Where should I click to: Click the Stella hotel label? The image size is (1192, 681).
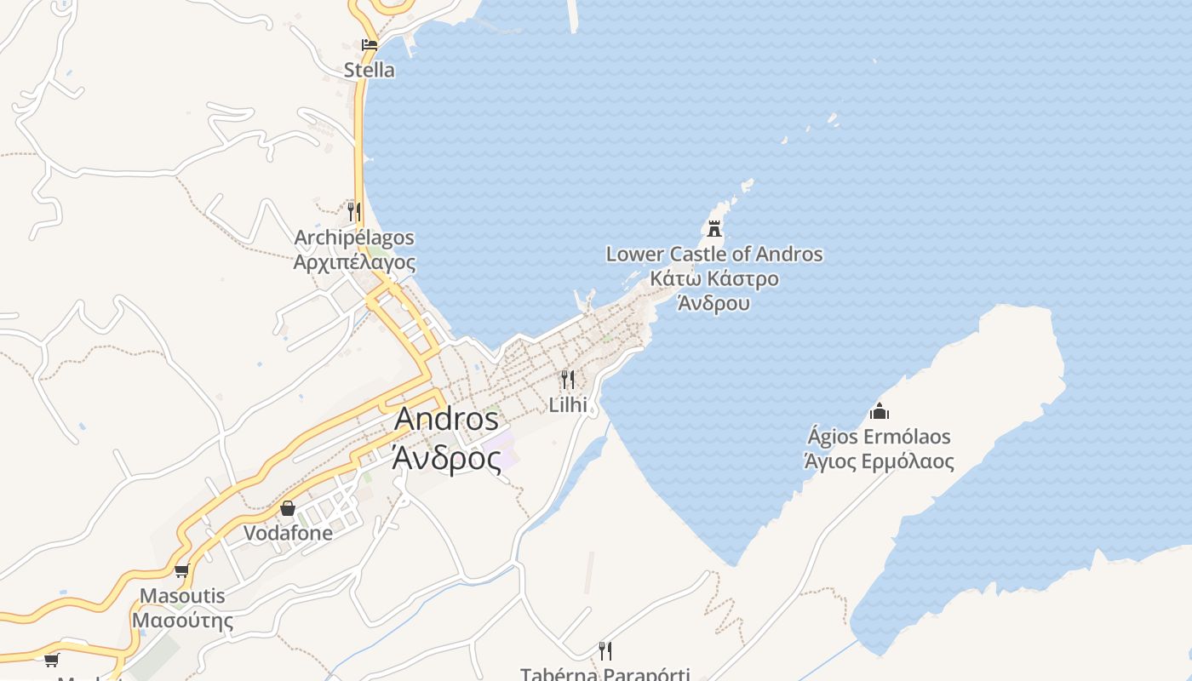(x=369, y=70)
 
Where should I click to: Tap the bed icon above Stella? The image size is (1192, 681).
(x=369, y=45)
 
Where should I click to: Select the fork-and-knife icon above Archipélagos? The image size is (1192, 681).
(x=353, y=211)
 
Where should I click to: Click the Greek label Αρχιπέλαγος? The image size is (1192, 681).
(x=354, y=262)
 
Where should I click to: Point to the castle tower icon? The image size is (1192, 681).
(x=714, y=228)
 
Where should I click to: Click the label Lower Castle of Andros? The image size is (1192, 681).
(x=714, y=254)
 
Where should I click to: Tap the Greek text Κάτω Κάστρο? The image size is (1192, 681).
(x=714, y=278)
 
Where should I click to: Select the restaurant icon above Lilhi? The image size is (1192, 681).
(x=567, y=379)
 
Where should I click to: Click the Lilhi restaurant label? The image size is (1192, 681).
(x=568, y=404)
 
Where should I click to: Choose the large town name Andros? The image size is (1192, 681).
(x=446, y=419)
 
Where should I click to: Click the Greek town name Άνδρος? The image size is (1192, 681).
(x=446, y=458)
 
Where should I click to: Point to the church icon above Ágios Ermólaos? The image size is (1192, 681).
(x=880, y=412)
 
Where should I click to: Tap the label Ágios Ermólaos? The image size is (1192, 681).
(x=880, y=437)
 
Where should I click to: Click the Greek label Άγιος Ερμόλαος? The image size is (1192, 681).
(x=880, y=462)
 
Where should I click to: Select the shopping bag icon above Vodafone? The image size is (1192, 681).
(x=288, y=508)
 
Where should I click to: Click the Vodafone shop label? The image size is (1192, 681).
(x=288, y=534)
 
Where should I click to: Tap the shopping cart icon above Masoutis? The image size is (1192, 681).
(x=181, y=571)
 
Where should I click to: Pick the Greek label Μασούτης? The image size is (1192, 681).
(x=182, y=621)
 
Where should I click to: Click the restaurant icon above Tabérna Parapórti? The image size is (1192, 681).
(x=605, y=651)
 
